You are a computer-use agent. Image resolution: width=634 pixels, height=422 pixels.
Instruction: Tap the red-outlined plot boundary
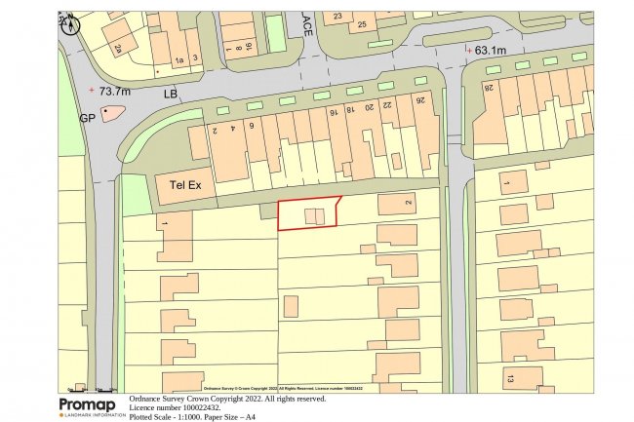click(x=308, y=213)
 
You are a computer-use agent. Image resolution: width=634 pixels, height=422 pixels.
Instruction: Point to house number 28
click(x=488, y=89)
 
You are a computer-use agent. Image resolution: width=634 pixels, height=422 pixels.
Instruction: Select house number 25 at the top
click(x=362, y=23)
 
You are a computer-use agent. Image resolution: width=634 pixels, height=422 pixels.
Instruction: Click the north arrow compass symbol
click(x=68, y=23)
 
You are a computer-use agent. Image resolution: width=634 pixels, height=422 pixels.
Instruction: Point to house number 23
click(x=338, y=17)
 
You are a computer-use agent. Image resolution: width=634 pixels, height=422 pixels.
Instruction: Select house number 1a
click(x=178, y=60)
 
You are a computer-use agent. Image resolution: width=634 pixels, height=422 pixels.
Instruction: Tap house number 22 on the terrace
click(x=386, y=103)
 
